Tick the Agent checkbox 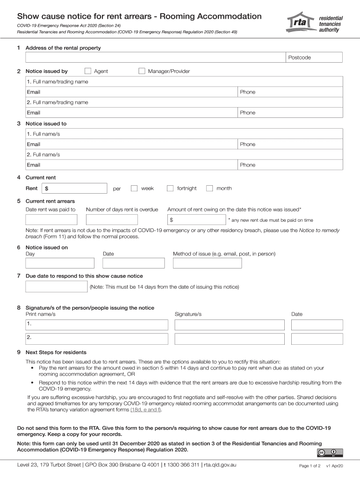[x=88, y=71]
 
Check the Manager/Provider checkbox [x=142, y=71]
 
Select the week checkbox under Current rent [x=134, y=189]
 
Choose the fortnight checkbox [x=170, y=189]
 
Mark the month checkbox [x=209, y=189]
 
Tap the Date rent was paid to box [x=51, y=220]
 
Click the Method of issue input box [x=207, y=263]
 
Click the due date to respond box [x=56, y=286]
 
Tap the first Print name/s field [x=97, y=325]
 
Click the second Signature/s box [x=229, y=339]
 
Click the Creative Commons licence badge [x=329, y=452]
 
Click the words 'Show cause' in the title [x=41, y=16]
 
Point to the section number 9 [x=19, y=352]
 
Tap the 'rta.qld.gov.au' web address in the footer [x=220, y=465]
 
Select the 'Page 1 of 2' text [x=310, y=466]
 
